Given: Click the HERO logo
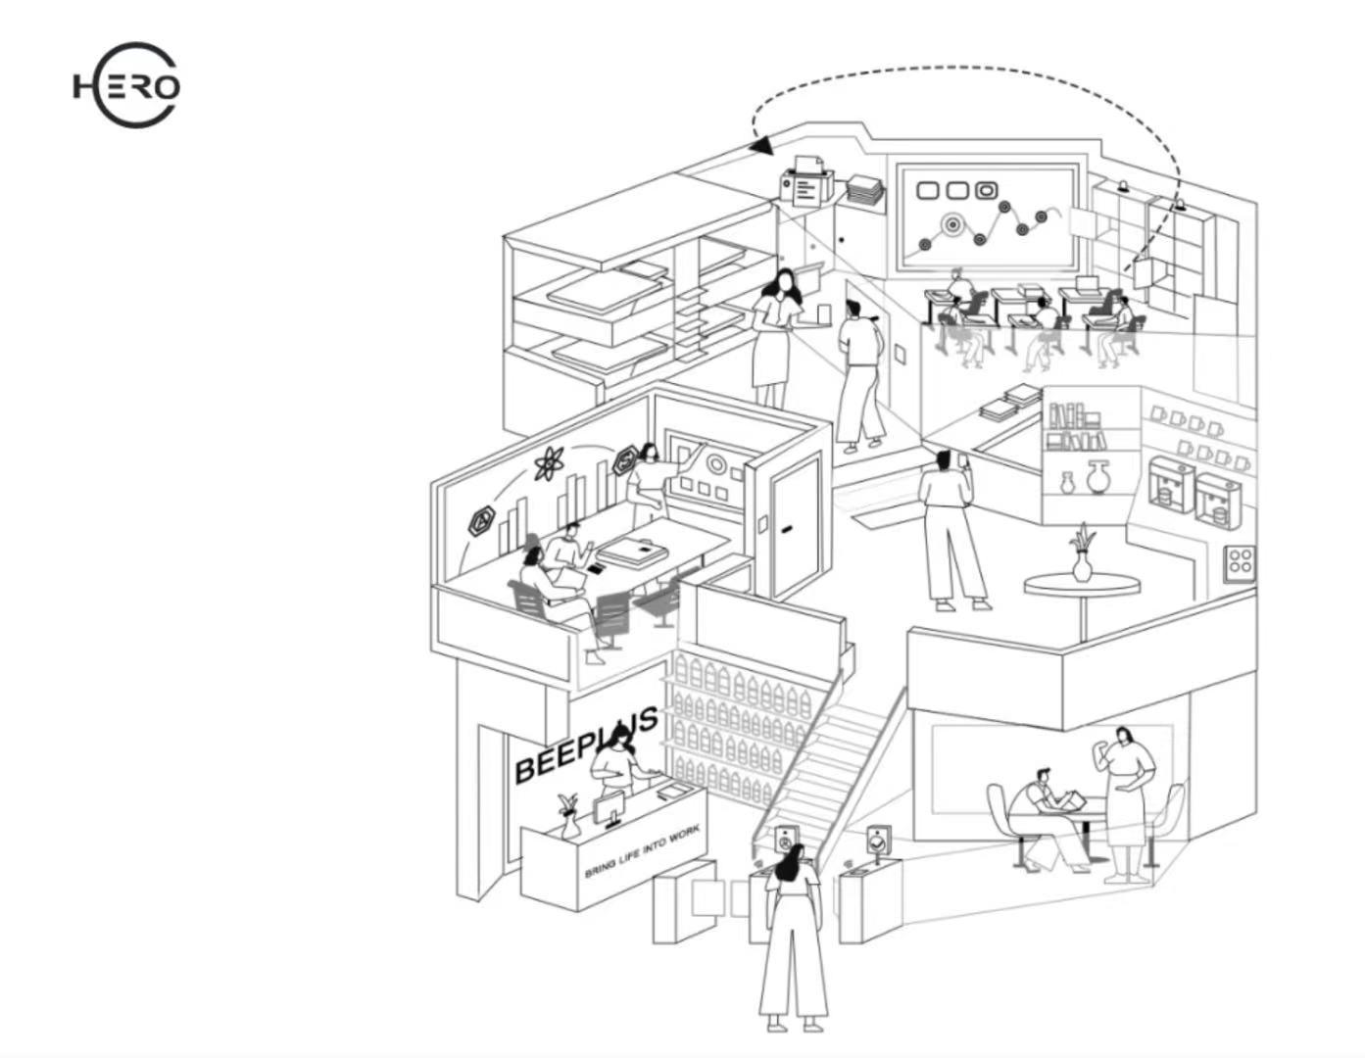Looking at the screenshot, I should [x=126, y=86].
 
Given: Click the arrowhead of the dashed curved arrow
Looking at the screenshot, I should [x=761, y=146].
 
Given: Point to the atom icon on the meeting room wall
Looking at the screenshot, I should [x=549, y=462].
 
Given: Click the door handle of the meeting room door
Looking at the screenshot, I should [x=787, y=529].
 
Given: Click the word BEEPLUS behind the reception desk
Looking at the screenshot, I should [x=585, y=747].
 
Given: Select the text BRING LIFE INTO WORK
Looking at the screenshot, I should [x=642, y=851].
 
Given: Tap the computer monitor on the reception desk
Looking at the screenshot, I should [x=609, y=811].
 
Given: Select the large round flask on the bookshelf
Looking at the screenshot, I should [x=1097, y=478].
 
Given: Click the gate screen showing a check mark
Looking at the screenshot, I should [x=879, y=840].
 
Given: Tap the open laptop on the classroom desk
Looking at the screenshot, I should [x=1088, y=284].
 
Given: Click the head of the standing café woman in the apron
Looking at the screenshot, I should [x=1125, y=737].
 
